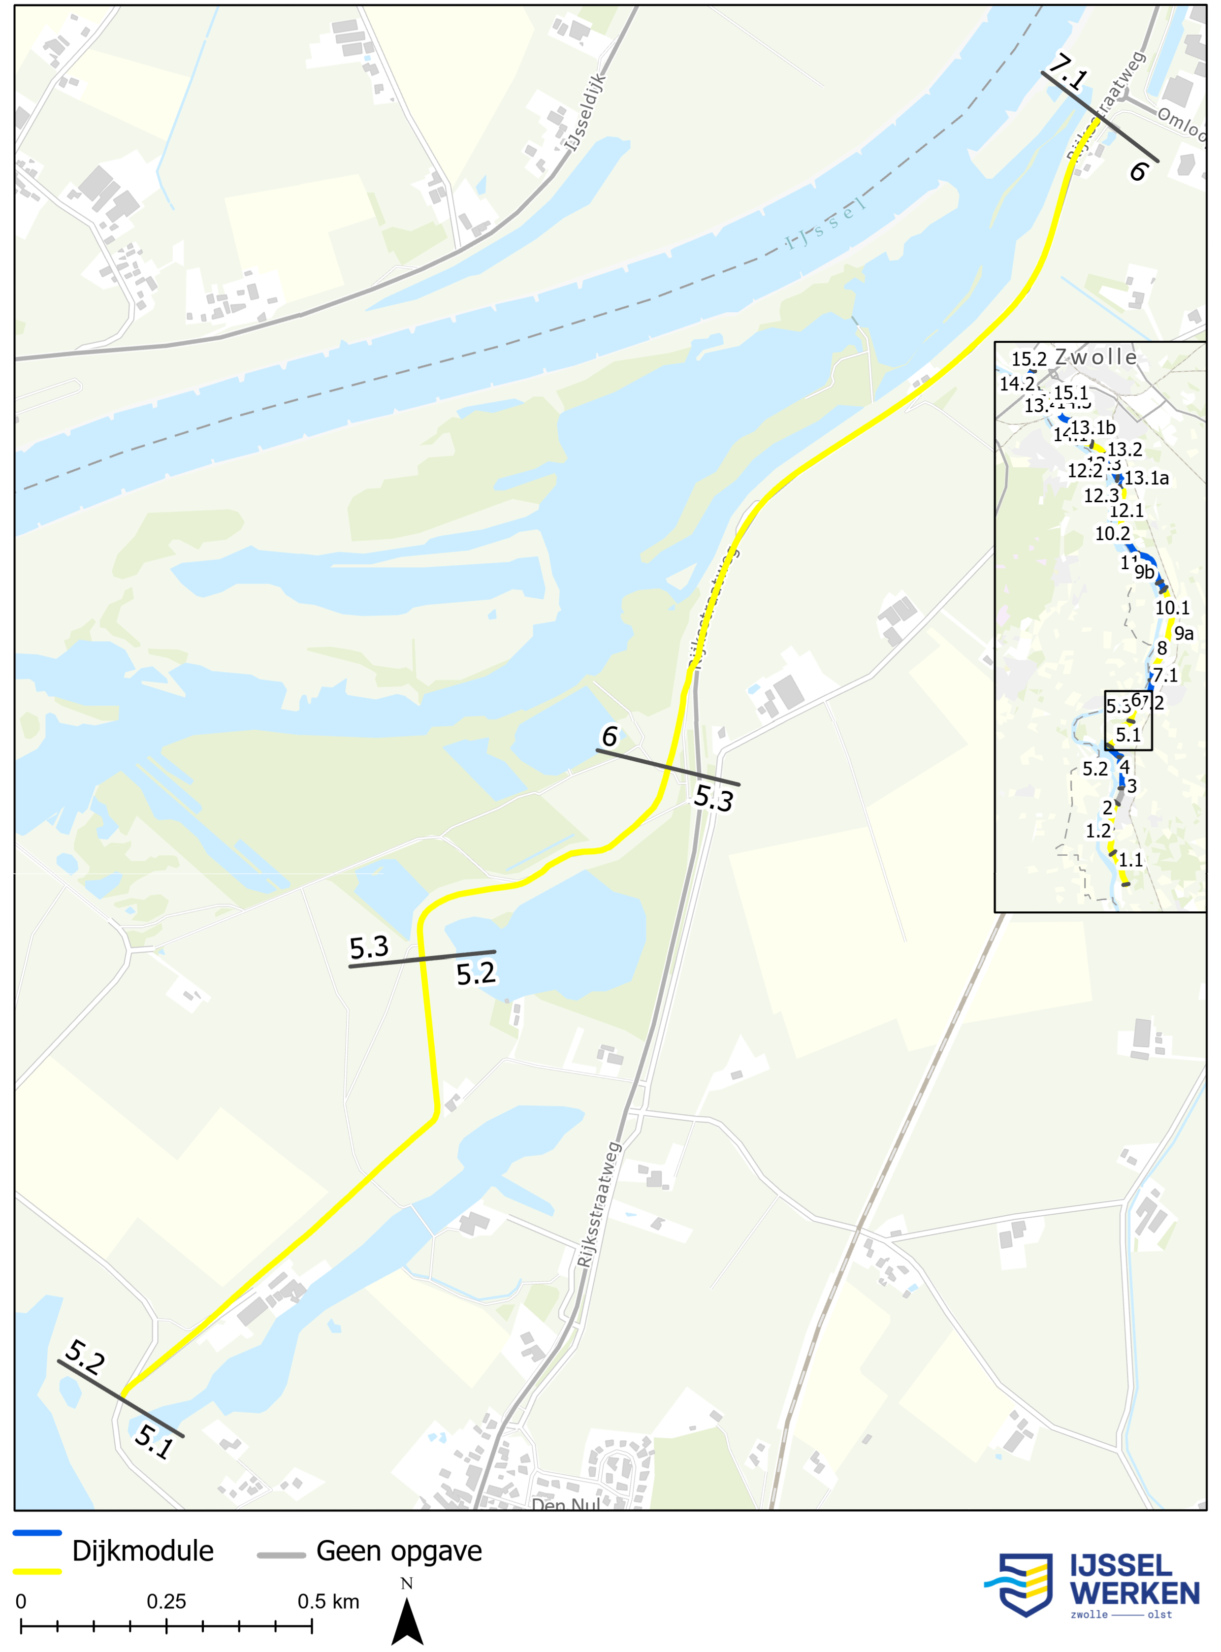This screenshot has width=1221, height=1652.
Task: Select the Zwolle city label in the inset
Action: pos(1095,357)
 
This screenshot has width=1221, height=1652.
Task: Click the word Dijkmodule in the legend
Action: pos(143,1551)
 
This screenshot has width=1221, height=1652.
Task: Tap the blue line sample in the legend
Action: pos(37,1534)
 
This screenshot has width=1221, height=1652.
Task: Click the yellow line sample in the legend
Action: pos(37,1571)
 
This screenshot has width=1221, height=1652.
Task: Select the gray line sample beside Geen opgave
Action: pos(281,1555)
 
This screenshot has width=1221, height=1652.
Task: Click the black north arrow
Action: pos(407,1622)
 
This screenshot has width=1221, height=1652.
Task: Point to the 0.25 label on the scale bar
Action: pos(166,1602)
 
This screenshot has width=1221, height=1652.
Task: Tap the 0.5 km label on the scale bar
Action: pos(328,1602)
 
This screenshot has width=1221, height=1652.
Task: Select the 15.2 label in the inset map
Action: pos(1029,360)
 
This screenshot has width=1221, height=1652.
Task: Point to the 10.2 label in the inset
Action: pos(1112,534)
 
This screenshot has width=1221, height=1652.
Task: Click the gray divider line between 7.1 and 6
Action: pos(1100,116)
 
